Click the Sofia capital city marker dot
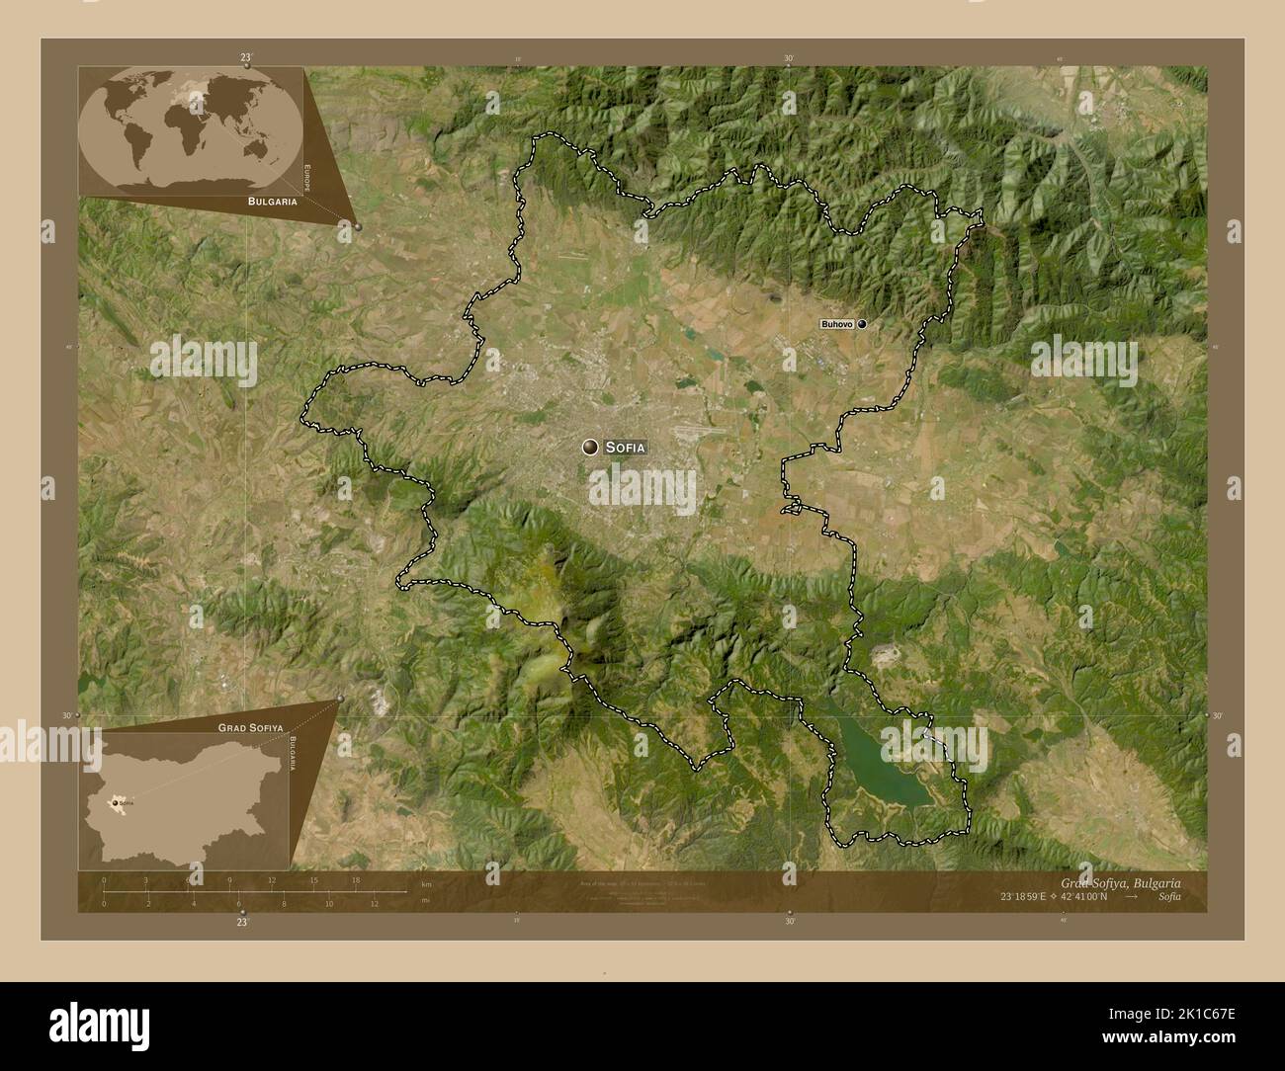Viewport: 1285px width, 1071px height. coord(590,448)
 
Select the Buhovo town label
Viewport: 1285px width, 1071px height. coord(837,324)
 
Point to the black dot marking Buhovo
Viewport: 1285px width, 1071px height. coord(862,323)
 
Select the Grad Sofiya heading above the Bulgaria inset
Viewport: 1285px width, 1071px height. coord(243,726)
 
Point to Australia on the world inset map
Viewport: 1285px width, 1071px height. coord(259,148)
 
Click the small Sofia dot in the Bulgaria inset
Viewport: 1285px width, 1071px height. coord(118,803)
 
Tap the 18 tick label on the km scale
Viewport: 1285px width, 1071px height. coord(355,879)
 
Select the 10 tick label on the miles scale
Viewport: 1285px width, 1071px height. coord(328,903)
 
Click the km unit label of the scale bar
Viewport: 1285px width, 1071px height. coord(426,883)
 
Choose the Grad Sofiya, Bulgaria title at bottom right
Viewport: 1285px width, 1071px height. coord(1119,881)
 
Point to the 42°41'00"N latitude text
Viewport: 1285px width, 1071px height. coord(1091,896)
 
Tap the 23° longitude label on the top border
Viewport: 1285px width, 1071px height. coord(245,59)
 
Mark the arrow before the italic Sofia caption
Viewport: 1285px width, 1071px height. coord(1132,896)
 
